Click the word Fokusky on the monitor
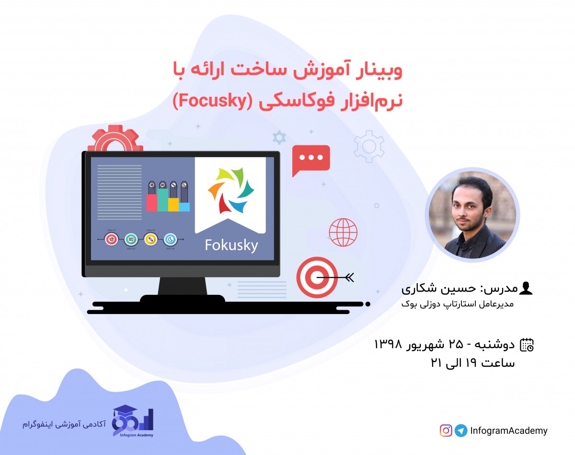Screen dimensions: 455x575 pos(231,245)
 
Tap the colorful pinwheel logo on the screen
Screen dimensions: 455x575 pos(230,190)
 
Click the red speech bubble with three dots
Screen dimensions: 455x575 pos(311,159)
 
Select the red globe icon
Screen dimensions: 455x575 pos(343,232)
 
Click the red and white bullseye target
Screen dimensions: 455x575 pos(317,277)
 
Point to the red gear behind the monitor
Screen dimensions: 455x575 pos(115,139)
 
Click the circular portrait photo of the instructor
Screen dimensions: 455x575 pos(472,215)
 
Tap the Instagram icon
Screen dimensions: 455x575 pos(446,430)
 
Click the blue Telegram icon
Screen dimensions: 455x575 pos(461,430)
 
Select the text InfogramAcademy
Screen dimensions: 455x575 pos(509,431)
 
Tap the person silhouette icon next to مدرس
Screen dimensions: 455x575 pos(526,289)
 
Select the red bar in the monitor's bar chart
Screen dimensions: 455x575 pos(151,202)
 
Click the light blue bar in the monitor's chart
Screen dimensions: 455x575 pos(184,207)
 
